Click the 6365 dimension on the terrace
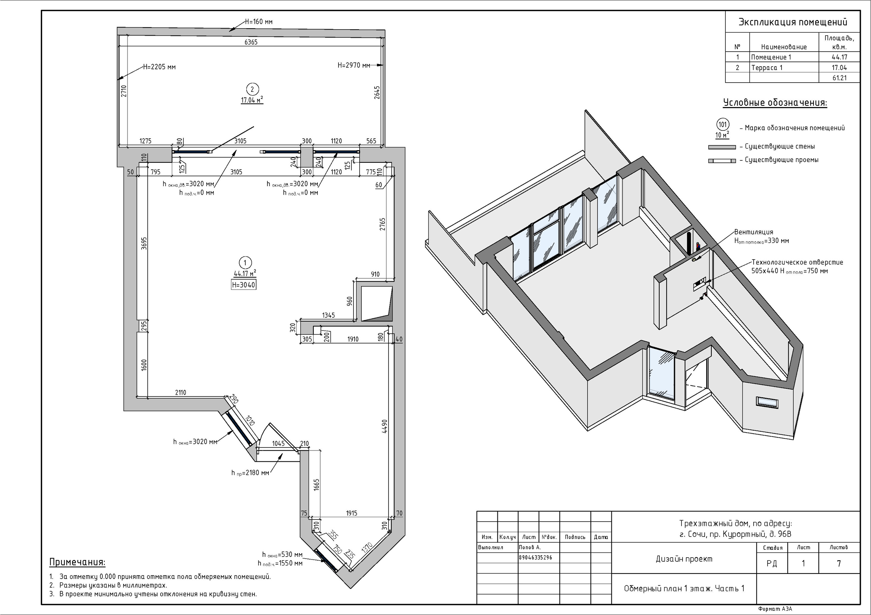click(x=251, y=42)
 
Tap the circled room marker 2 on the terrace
click(x=252, y=89)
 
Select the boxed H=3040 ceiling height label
click(x=244, y=285)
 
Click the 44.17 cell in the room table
click(x=839, y=57)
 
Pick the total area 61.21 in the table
click(x=839, y=78)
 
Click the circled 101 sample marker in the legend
click(x=723, y=124)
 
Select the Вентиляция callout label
click(x=753, y=232)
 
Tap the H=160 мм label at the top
click(x=259, y=22)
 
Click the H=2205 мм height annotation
click(x=159, y=67)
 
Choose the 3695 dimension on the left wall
click(x=144, y=243)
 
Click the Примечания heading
click(x=77, y=562)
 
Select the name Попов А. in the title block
click(x=530, y=547)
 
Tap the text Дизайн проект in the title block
click(x=684, y=559)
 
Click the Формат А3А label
click(x=775, y=609)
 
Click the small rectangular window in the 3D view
click(x=767, y=402)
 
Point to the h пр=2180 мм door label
click(x=250, y=473)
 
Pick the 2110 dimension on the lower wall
click(x=181, y=392)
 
